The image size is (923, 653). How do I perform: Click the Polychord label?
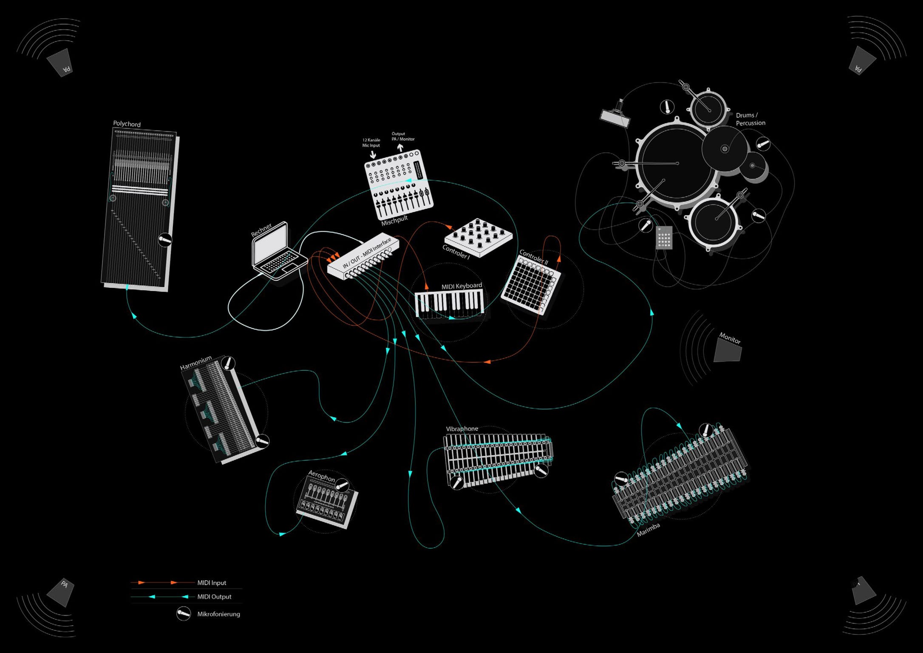pyautogui.click(x=127, y=124)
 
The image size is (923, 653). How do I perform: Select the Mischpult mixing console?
pyautogui.click(x=399, y=184)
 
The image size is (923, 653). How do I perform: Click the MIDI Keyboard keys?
pyautogui.click(x=449, y=304)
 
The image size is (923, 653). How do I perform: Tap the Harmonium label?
pyautogui.click(x=195, y=363)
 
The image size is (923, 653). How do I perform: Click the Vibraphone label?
pyautogui.click(x=462, y=429)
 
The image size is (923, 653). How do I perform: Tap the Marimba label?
pyautogui.click(x=648, y=530)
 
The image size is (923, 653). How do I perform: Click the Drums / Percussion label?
pyautogui.click(x=750, y=119)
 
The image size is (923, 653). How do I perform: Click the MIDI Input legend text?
pyautogui.click(x=212, y=583)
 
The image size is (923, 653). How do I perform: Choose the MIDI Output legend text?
pyautogui.click(x=214, y=597)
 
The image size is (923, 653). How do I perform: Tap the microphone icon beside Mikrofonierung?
pyautogui.click(x=184, y=614)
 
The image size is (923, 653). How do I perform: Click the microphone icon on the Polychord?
pyautogui.click(x=165, y=240)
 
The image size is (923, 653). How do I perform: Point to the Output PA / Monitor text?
pyautogui.click(x=403, y=136)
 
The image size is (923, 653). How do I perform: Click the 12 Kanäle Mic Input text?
pyautogui.click(x=371, y=143)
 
